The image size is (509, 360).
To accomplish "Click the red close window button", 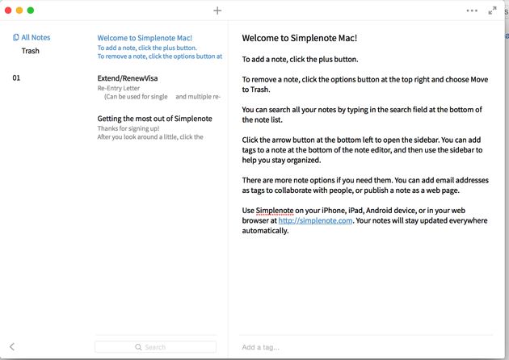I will pos(9,10).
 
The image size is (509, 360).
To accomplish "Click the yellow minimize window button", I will pos(20,10).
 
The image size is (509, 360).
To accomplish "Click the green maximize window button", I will pos(31,10).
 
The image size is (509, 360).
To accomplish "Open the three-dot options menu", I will pos(472,10).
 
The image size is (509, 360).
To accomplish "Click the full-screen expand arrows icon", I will pos(493,10).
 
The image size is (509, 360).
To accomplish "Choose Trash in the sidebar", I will pos(30,51).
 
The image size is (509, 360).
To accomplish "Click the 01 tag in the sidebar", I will pos(16,78).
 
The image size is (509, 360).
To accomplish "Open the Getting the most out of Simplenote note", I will pos(154,119).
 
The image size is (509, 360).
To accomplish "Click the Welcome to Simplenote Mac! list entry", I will pos(145,38).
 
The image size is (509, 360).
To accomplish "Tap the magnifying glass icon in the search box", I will pos(139,347).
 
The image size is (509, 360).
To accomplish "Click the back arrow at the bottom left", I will pos(12,347).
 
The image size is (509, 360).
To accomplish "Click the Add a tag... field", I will pos(261,347).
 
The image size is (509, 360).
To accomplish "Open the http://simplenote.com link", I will pos(315,220).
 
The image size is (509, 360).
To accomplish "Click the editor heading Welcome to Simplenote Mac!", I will pos(299,38).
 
